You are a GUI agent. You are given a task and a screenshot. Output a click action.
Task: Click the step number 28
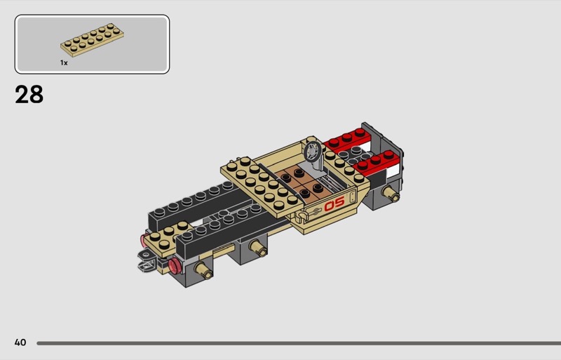click(29, 95)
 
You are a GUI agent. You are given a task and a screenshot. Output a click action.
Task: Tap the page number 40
click(20, 342)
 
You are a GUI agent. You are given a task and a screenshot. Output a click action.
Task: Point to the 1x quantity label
click(64, 62)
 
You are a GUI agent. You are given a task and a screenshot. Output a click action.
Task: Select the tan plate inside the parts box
click(92, 40)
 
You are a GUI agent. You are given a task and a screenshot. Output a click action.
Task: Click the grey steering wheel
click(313, 150)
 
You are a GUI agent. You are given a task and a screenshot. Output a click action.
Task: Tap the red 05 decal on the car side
click(334, 204)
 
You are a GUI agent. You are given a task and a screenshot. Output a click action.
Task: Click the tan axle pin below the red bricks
click(391, 194)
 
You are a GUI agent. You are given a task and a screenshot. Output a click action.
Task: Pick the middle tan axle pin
click(258, 248)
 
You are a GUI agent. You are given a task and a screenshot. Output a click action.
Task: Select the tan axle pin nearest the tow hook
click(204, 270)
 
